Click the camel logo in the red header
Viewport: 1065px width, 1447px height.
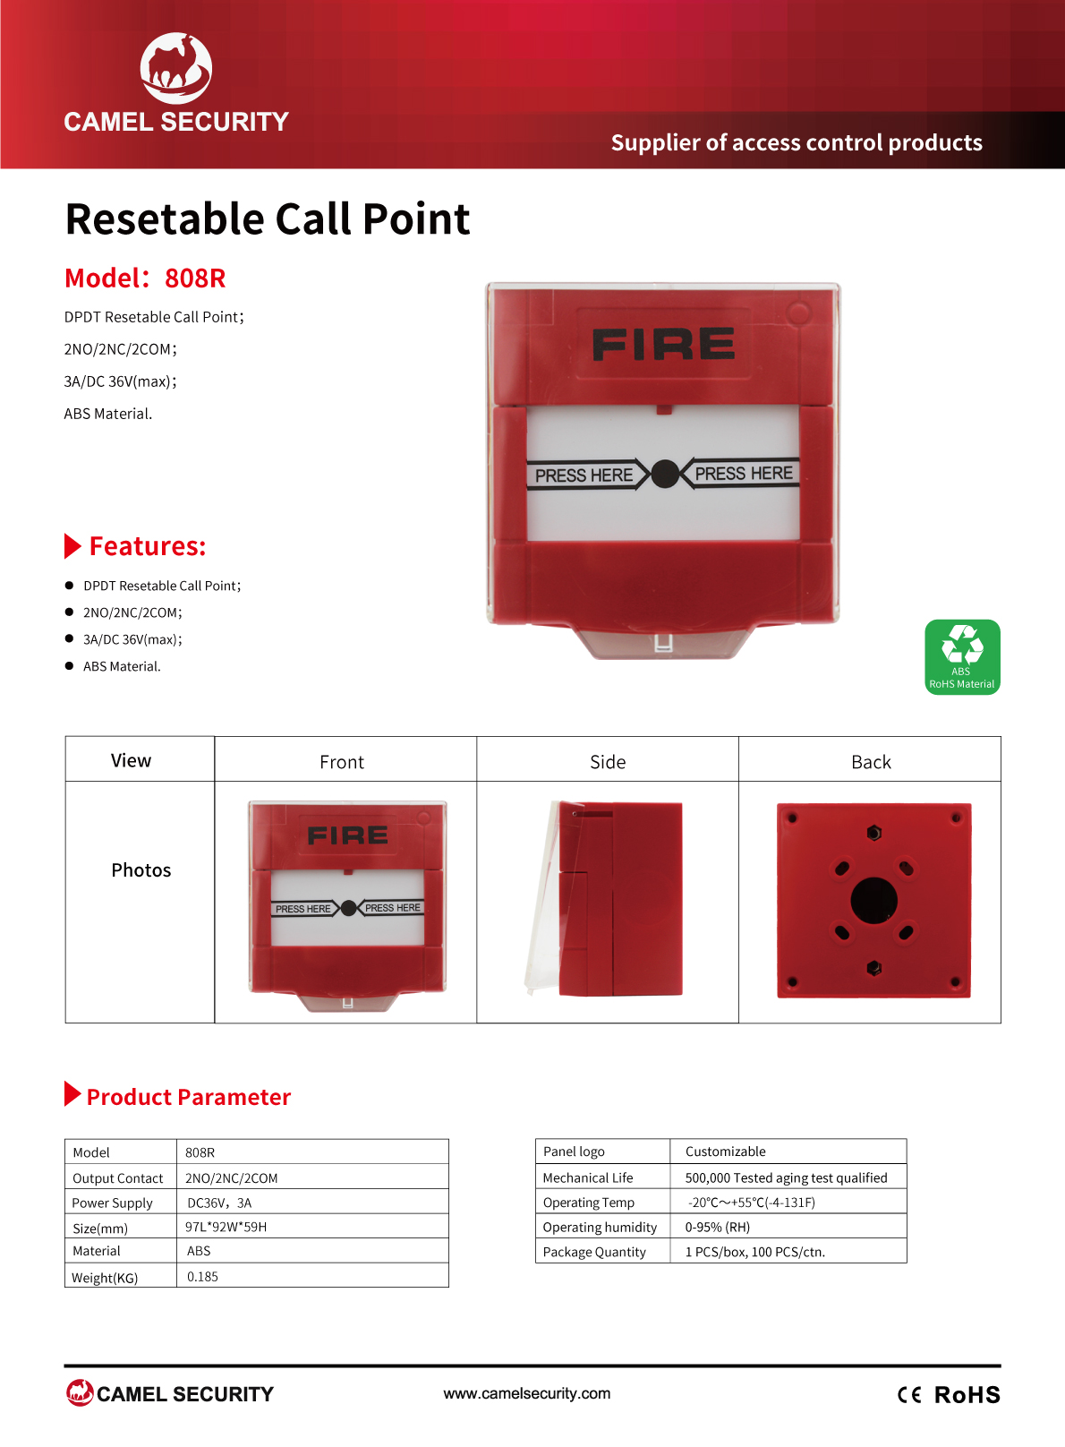coord(176,68)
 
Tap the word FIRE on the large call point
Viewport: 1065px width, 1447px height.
coord(663,344)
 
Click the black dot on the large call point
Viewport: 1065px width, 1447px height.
coord(665,475)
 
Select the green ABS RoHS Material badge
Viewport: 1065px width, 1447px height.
coord(962,657)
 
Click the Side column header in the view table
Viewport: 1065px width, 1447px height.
coord(608,762)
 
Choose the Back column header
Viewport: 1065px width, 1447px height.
coord(871,762)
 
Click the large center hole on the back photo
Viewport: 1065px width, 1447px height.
coord(874,901)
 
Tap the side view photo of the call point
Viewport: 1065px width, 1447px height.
coord(604,899)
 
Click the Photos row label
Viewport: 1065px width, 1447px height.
coord(141,870)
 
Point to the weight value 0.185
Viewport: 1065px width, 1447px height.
coord(202,1277)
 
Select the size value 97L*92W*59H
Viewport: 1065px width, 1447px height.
coord(226,1227)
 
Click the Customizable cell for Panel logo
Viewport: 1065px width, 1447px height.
coord(726,1152)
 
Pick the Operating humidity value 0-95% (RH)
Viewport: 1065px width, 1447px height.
coord(718,1227)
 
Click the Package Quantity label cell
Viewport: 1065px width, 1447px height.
coord(594,1252)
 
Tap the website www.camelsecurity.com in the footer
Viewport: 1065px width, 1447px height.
coord(527,1393)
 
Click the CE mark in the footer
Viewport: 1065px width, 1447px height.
coord(909,1395)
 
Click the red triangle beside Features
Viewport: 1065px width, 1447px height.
coord(72,546)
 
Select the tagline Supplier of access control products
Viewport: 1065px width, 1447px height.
coord(797,142)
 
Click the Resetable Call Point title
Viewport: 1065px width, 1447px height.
coord(268,219)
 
